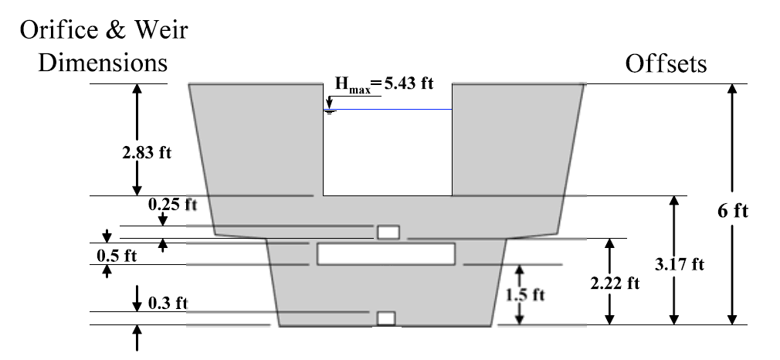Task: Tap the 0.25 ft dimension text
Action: [x=172, y=205]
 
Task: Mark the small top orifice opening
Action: [x=387, y=233]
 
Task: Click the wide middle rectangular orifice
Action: [x=386, y=254]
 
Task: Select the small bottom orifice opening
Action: [x=385, y=318]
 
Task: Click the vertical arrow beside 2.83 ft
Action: [x=137, y=139]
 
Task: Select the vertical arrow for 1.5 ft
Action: [x=520, y=294]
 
